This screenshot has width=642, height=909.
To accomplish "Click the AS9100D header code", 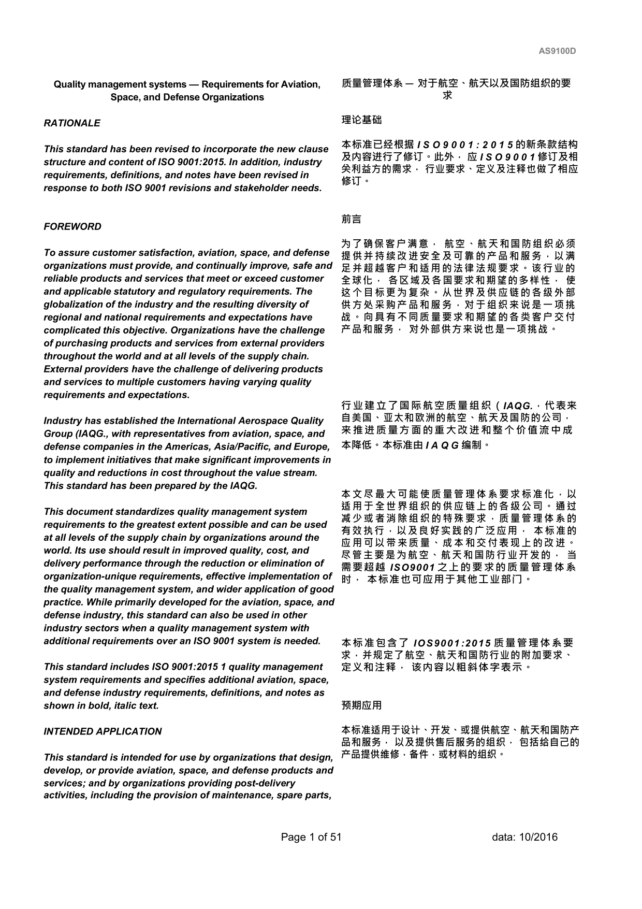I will coord(557,51).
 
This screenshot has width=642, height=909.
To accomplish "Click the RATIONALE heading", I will coord(72,123).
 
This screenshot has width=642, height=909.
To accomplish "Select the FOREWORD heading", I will coord(72,227).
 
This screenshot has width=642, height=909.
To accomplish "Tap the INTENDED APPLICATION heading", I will coord(103,731).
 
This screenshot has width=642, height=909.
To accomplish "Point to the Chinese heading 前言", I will coord(352,220).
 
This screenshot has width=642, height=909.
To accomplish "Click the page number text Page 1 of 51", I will coord(311,837).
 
